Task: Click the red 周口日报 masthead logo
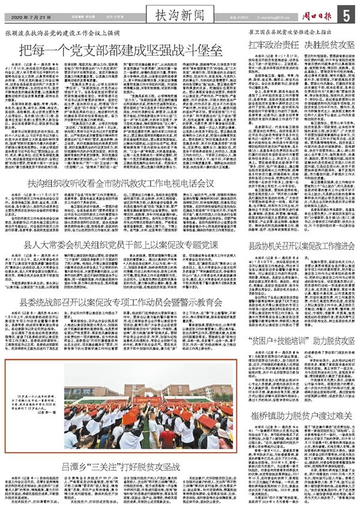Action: point(314,13)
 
